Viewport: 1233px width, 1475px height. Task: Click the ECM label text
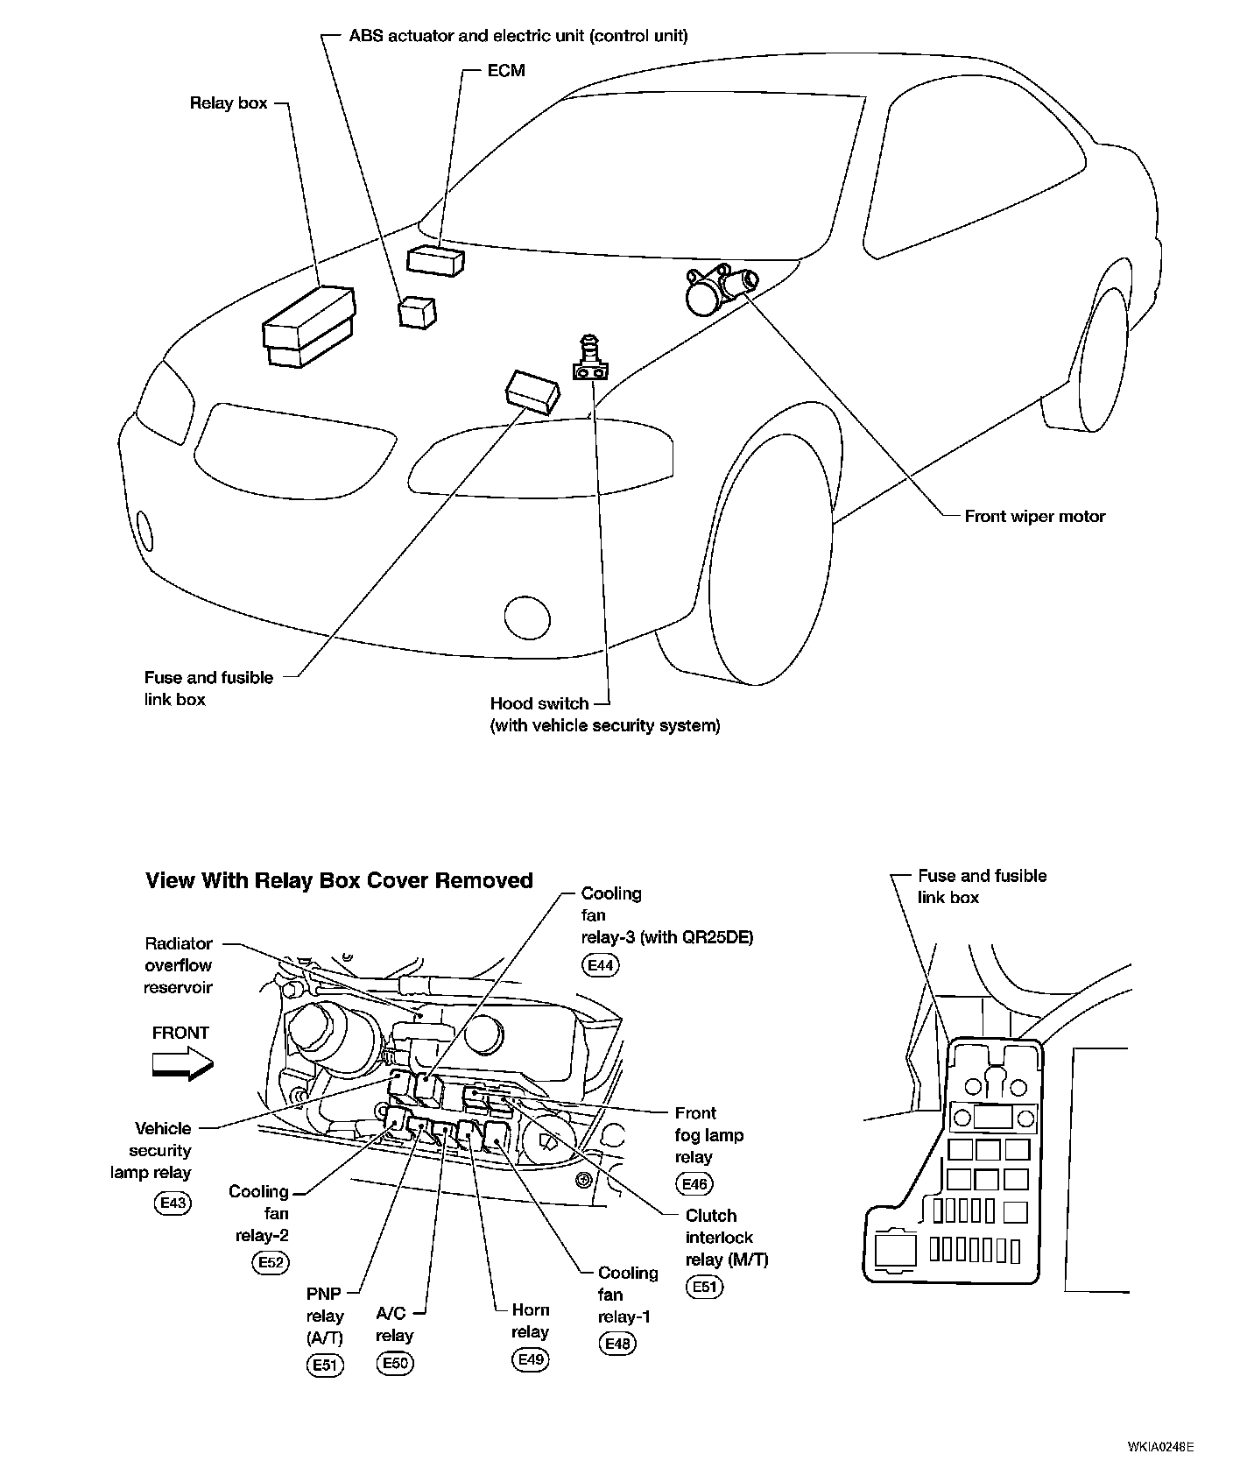coord(506,71)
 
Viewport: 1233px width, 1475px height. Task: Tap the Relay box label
coord(229,103)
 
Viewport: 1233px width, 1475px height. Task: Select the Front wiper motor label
coord(1034,517)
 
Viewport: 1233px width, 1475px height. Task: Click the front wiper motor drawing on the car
coord(720,289)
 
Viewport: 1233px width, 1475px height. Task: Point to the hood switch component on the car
coord(590,360)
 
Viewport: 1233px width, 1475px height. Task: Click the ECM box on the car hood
coord(435,260)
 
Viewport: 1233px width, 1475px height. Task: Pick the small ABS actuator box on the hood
coord(417,312)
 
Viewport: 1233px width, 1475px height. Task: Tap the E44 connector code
coord(600,965)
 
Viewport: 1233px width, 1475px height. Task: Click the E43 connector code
coord(173,1203)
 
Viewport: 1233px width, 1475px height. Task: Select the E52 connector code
coord(270,1262)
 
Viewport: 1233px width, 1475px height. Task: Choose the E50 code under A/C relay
coord(394,1364)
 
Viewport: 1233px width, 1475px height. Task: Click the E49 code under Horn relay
coord(530,1359)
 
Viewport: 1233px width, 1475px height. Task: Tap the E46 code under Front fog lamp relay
coord(694,1184)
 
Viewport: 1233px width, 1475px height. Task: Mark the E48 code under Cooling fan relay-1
coord(617,1344)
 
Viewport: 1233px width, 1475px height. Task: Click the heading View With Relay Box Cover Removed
coord(339,880)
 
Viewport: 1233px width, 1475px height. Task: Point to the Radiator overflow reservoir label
coord(179,965)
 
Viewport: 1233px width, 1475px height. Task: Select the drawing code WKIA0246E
coord(1161,1446)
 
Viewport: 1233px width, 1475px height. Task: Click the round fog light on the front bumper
coord(527,618)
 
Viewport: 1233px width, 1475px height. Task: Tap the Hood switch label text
coord(538,703)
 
